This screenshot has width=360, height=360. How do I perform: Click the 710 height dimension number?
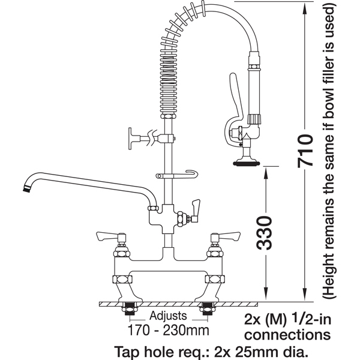point(305,151)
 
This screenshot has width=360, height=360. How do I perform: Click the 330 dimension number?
point(264,233)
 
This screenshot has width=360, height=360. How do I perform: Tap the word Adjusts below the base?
point(168,316)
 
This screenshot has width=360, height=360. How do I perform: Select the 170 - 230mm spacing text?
point(168,331)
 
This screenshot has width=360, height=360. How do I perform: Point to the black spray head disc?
point(246,163)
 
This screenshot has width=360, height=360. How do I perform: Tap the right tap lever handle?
point(229,236)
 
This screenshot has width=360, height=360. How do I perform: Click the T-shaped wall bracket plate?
point(130,139)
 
